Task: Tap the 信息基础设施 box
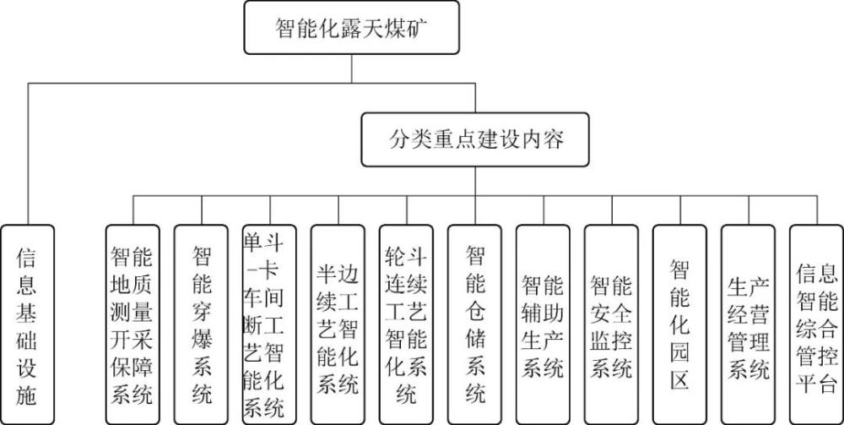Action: tap(26, 324)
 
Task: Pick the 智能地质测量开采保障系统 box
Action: tap(133, 324)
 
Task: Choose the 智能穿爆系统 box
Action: tap(201, 324)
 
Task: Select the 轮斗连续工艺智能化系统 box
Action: tap(406, 324)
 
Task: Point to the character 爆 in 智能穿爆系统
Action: tap(201, 339)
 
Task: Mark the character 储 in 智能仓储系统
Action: tap(475, 339)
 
